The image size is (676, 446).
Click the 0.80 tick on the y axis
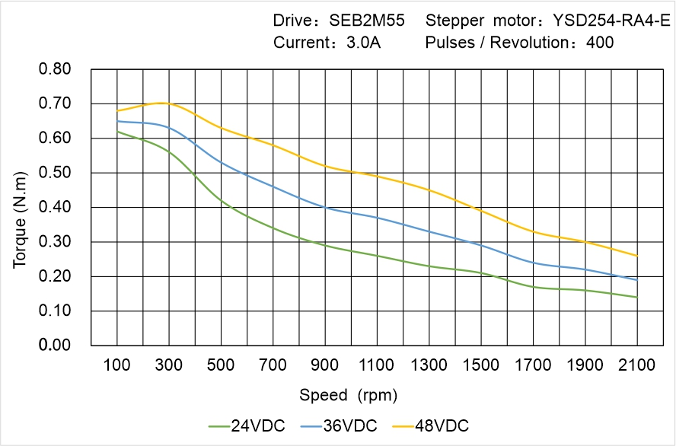click(54, 69)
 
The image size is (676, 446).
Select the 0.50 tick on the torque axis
click(54, 173)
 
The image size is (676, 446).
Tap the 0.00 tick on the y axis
click(54, 346)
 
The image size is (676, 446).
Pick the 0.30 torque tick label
click(54, 242)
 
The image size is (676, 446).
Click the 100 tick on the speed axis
click(117, 365)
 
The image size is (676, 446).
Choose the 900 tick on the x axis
click(325, 365)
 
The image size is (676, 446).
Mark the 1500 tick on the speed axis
click(481, 365)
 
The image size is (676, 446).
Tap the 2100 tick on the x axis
click(637, 365)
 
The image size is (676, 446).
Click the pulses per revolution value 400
click(600, 43)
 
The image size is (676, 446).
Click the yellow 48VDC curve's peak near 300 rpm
click(161, 103)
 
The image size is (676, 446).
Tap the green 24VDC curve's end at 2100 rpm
click(637, 297)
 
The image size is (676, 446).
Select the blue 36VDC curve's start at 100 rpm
click(117, 121)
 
